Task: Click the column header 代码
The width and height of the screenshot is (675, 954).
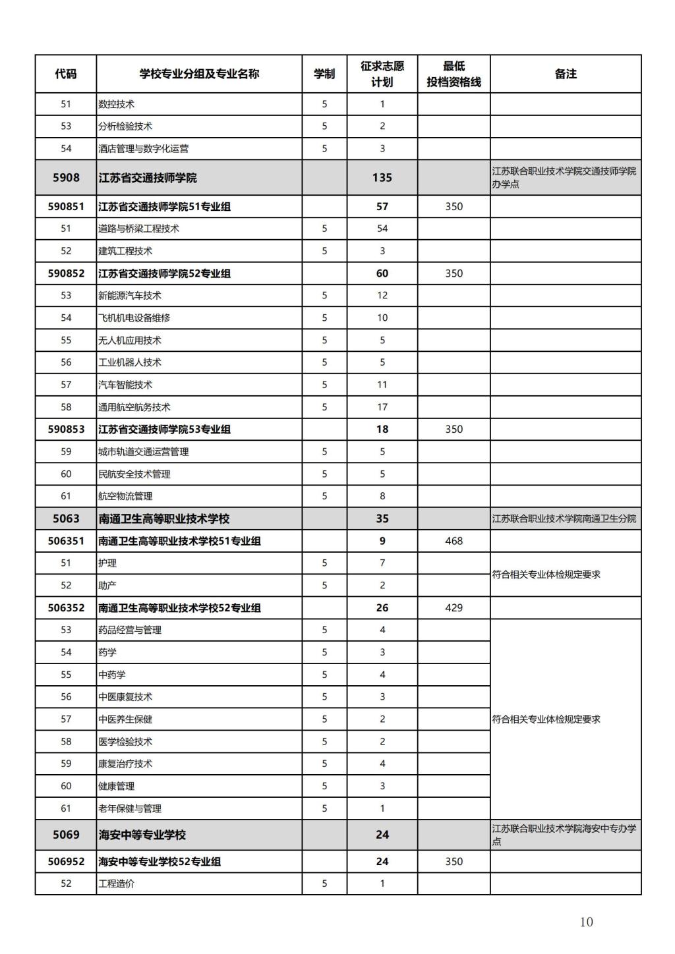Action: pos(65,74)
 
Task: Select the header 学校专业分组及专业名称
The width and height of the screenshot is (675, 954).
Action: pos(199,74)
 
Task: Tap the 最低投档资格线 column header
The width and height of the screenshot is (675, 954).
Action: pos(454,74)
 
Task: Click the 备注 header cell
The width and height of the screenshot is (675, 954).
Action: pos(566,74)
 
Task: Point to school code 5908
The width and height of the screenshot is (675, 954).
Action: pos(66,178)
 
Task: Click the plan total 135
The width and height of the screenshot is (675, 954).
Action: pos(382,178)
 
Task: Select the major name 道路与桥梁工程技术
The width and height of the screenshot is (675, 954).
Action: pos(138,229)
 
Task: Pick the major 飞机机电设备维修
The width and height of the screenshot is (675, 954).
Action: pos(134,318)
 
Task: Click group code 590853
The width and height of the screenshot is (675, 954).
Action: pos(66,429)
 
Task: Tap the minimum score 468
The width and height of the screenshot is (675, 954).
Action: pos(454,541)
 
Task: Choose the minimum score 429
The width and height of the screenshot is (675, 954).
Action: pos(454,607)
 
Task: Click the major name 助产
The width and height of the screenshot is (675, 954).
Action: pos(107,585)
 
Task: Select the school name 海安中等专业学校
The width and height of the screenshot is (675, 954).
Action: pos(142,835)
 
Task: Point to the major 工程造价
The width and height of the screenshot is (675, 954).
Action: pos(116,884)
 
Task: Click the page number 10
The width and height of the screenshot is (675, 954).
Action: pos(586,922)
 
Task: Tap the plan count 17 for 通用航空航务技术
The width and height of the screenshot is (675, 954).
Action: pos(382,407)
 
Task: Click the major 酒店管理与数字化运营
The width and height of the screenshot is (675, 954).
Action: pos(143,148)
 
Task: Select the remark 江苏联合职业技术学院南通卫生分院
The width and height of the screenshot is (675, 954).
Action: pos(564,519)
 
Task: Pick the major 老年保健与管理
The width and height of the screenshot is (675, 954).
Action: pos(130,808)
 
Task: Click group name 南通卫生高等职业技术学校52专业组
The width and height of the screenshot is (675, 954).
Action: pos(179,607)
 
